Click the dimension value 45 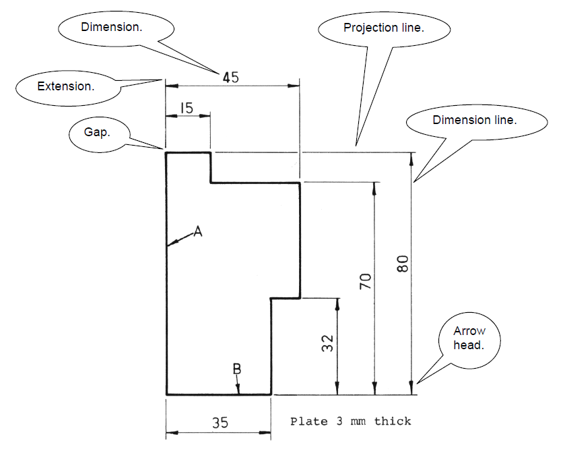pyautogui.click(x=230, y=77)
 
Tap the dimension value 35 pyautogui.click(x=220, y=423)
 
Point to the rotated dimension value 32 pyautogui.click(x=328, y=344)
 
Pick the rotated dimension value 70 pyautogui.click(x=366, y=281)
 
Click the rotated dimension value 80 pyautogui.click(x=403, y=263)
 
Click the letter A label pyautogui.click(x=197, y=231)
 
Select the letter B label pyautogui.click(x=236, y=369)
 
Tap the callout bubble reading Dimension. pyautogui.click(x=116, y=28)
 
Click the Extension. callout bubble pyautogui.click(x=65, y=86)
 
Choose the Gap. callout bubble pyautogui.click(x=97, y=132)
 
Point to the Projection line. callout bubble pyautogui.click(x=383, y=28)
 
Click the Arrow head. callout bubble pyautogui.click(x=469, y=338)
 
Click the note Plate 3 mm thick pyautogui.click(x=350, y=421)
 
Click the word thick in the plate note pyautogui.click(x=393, y=421)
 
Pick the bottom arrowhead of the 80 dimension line pyautogui.click(x=411, y=389)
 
